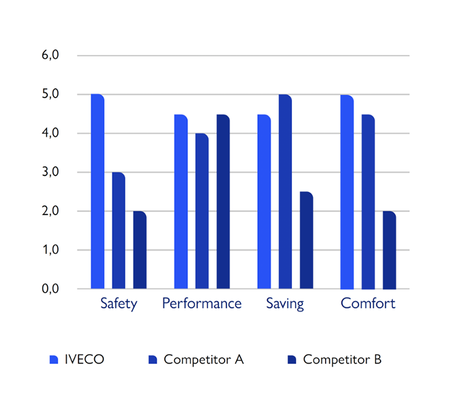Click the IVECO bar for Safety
click(97, 191)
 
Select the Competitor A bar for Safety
click(119, 231)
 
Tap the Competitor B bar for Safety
click(140, 250)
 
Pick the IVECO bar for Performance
click(181, 202)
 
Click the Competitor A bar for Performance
click(202, 211)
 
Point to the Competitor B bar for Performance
click(223, 202)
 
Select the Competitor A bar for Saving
click(285, 191)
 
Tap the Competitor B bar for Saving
click(306, 240)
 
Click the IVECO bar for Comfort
click(347, 192)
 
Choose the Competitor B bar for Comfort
click(389, 250)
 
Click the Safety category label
click(119, 304)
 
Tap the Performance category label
click(202, 304)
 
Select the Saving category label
click(285, 304)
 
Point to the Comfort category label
click(368, 304)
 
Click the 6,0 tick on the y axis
click(50, 55)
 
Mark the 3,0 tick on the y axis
click(50, 172)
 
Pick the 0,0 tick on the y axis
click(50, 289)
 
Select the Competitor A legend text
click(204, 359)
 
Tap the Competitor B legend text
click(342, 359)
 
